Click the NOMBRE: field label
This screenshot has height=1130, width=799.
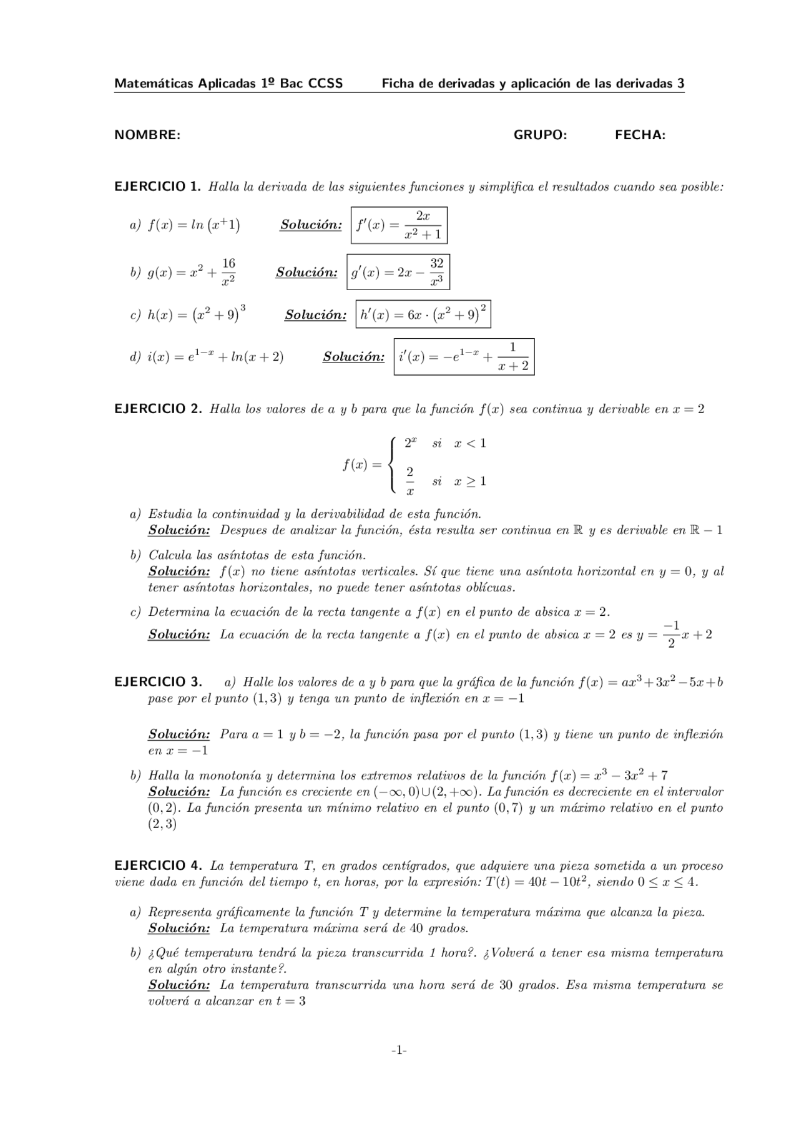147,135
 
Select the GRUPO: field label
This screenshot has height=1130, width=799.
540,135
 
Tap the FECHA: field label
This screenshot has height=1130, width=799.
640,135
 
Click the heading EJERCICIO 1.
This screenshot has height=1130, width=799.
157,186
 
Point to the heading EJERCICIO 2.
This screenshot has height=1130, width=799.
157,409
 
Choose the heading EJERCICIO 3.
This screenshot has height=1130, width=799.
157,681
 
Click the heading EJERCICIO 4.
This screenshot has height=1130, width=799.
157,865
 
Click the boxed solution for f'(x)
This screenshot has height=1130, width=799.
399,225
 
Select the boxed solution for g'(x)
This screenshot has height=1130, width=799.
398,272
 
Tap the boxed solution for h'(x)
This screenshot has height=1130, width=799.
423,314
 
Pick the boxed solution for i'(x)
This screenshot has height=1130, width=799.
464,357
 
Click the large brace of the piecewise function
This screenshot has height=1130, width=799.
391,465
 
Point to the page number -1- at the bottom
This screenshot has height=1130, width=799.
399,1050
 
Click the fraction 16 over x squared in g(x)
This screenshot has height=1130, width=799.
228,272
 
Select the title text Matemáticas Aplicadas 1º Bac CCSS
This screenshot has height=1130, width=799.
228,84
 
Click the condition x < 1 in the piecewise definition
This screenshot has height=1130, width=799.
470,444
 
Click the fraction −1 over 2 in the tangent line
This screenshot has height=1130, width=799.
671,635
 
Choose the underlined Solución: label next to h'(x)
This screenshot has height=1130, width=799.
315,315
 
